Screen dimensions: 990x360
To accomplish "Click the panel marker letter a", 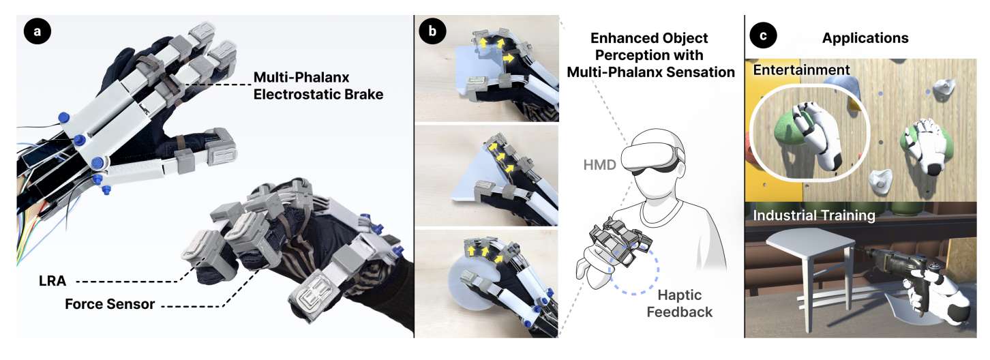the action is [x=37, y=31].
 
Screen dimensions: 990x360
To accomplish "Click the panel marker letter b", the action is [x=432, y=31].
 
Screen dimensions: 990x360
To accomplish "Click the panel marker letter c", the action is [x=763, y=35].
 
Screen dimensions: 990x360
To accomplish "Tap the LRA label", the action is [x=52, y=281].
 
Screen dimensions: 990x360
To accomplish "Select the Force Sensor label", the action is [x=110, y=304].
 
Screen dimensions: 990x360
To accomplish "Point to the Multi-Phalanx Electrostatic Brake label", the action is [x=318, y=86].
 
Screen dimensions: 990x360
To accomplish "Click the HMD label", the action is [x=599, y=165].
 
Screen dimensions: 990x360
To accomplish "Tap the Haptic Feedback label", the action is [x=679, y=303].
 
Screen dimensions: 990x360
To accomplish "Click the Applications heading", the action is [x=865, y=38].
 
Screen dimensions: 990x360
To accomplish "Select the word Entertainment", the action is [x=801, y=70].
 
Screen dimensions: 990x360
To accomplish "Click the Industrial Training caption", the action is [x=814, y=215].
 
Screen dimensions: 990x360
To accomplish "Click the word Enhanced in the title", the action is [x=614, y=38].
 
